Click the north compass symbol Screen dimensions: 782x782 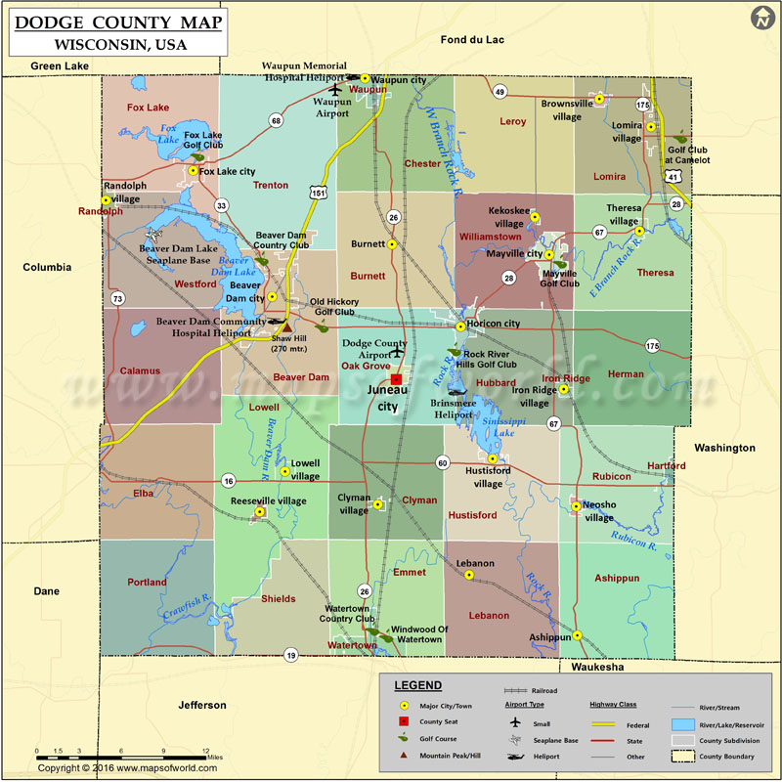[761, 19]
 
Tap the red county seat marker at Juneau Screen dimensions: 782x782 [395, 378]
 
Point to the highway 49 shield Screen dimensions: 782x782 [500, 92]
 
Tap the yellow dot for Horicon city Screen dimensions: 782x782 [461, 326]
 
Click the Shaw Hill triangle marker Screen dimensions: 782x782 [287, 327]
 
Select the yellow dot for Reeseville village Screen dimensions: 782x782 [260, 512]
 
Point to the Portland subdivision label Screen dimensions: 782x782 [147, 583]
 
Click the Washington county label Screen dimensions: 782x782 [724, 448]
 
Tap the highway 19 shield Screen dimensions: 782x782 [290, 654]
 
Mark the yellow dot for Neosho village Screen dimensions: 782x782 [577, 506]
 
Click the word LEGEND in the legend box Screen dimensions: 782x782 [417, 685]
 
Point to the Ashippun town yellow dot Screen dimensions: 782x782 [578, 635]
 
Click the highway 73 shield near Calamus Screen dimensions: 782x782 [117, 298]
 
